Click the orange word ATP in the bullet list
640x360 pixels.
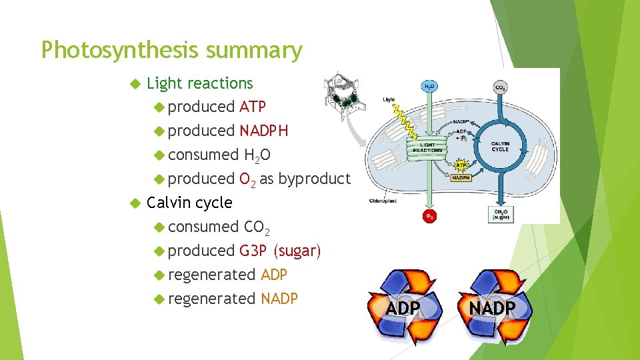252,107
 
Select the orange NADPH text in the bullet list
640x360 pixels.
263,131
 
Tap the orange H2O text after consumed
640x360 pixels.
257,155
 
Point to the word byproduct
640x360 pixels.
313,179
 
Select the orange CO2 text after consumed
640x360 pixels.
257,227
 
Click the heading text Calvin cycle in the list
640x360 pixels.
189,203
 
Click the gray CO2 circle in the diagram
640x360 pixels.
499,87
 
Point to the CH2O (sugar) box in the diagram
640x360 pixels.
499,213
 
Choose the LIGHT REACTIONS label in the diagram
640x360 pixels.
427,148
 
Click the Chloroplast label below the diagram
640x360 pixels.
384,200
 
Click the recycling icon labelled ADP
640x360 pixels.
403,307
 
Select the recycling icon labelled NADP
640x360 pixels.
492,307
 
